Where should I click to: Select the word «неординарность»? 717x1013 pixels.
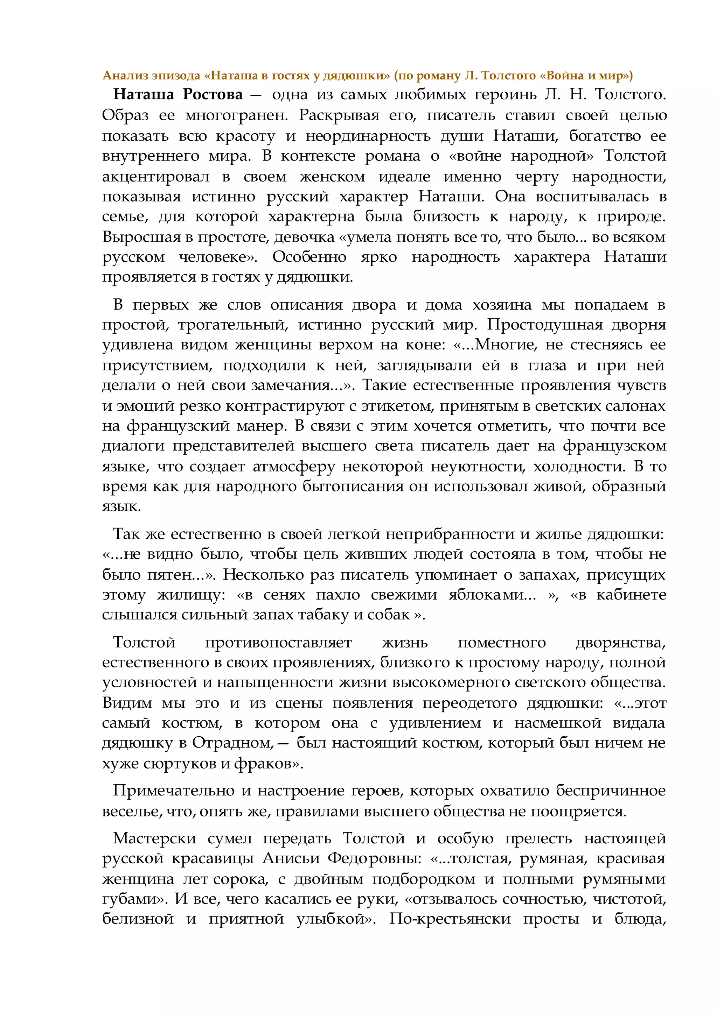click(x=368, y=136)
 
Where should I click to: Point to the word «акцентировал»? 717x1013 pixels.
click(x=156, y=177)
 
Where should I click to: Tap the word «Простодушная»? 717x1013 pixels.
click(x=544, y=325)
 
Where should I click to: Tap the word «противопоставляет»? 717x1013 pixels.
click(x=278, y=642)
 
